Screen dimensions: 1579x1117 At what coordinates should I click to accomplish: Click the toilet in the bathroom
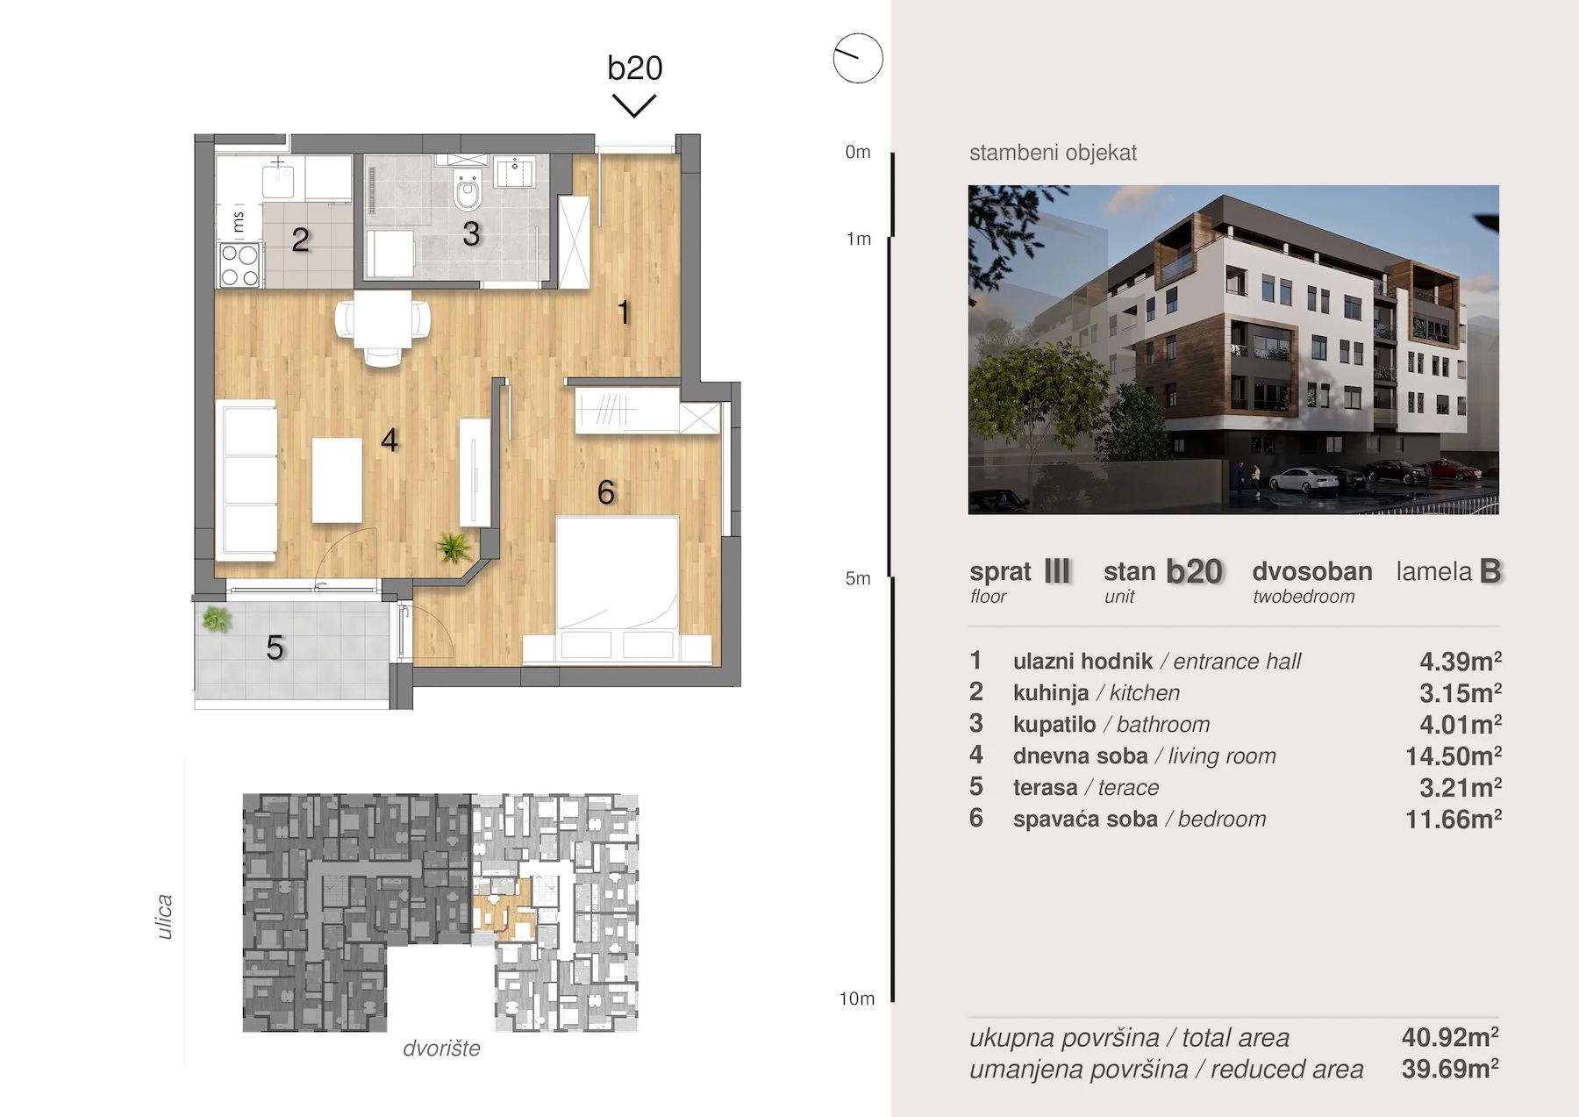pyautogui.click(x=468, y=193)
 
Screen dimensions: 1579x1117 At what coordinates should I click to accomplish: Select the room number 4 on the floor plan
pyautogui.click(x=389, y=440)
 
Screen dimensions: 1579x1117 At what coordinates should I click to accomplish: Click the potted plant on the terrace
pyautogui.click(x=216, y=620)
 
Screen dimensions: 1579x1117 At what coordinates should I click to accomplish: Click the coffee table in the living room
pyautogui.click(x=337, y=480)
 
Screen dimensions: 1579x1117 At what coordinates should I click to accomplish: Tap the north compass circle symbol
pyautogui.click(x=857, y=59)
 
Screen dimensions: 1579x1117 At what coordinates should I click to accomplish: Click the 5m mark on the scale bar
pyautogui.click(x=858, y=578)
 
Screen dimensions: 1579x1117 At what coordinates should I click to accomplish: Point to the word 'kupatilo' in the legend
pyautogui.click(x=1054, y=725)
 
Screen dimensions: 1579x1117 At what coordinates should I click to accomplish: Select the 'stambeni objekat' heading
pyautogui.click(x=1053, y=153)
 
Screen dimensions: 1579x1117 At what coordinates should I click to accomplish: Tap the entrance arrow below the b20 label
pyautogui.click(x=634, y=106)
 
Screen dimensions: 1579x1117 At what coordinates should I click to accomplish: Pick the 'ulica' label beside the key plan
pyautogui.click(x=164, y=917)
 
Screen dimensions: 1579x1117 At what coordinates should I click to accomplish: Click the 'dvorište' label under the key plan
pyautogui.click(x=441, y=1048)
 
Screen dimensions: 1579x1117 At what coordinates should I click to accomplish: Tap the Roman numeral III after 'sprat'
pyautogui.click(x=1057, y=571)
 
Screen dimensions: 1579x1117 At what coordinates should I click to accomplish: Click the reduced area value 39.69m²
pyautogui.click(x=1450, y=1069)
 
